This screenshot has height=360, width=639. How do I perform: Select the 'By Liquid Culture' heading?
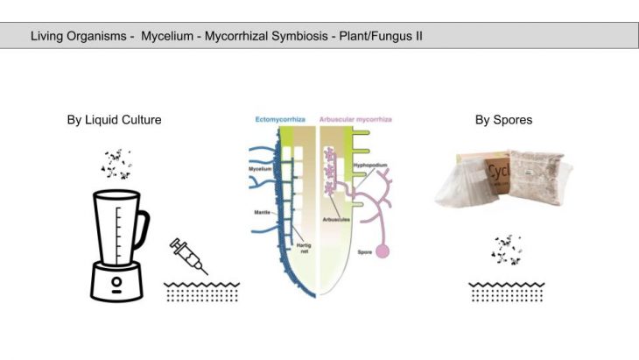pos(114,120)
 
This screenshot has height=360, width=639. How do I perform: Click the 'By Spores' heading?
pos(503,120)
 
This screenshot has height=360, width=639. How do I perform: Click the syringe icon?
pos(188,255)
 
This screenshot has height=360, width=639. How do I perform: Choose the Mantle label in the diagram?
pos(260,212)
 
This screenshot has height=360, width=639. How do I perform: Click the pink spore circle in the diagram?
pos(382,253)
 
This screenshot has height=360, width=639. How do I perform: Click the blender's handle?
pos(141,229)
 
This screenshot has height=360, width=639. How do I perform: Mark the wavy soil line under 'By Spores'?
pos(506,284)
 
